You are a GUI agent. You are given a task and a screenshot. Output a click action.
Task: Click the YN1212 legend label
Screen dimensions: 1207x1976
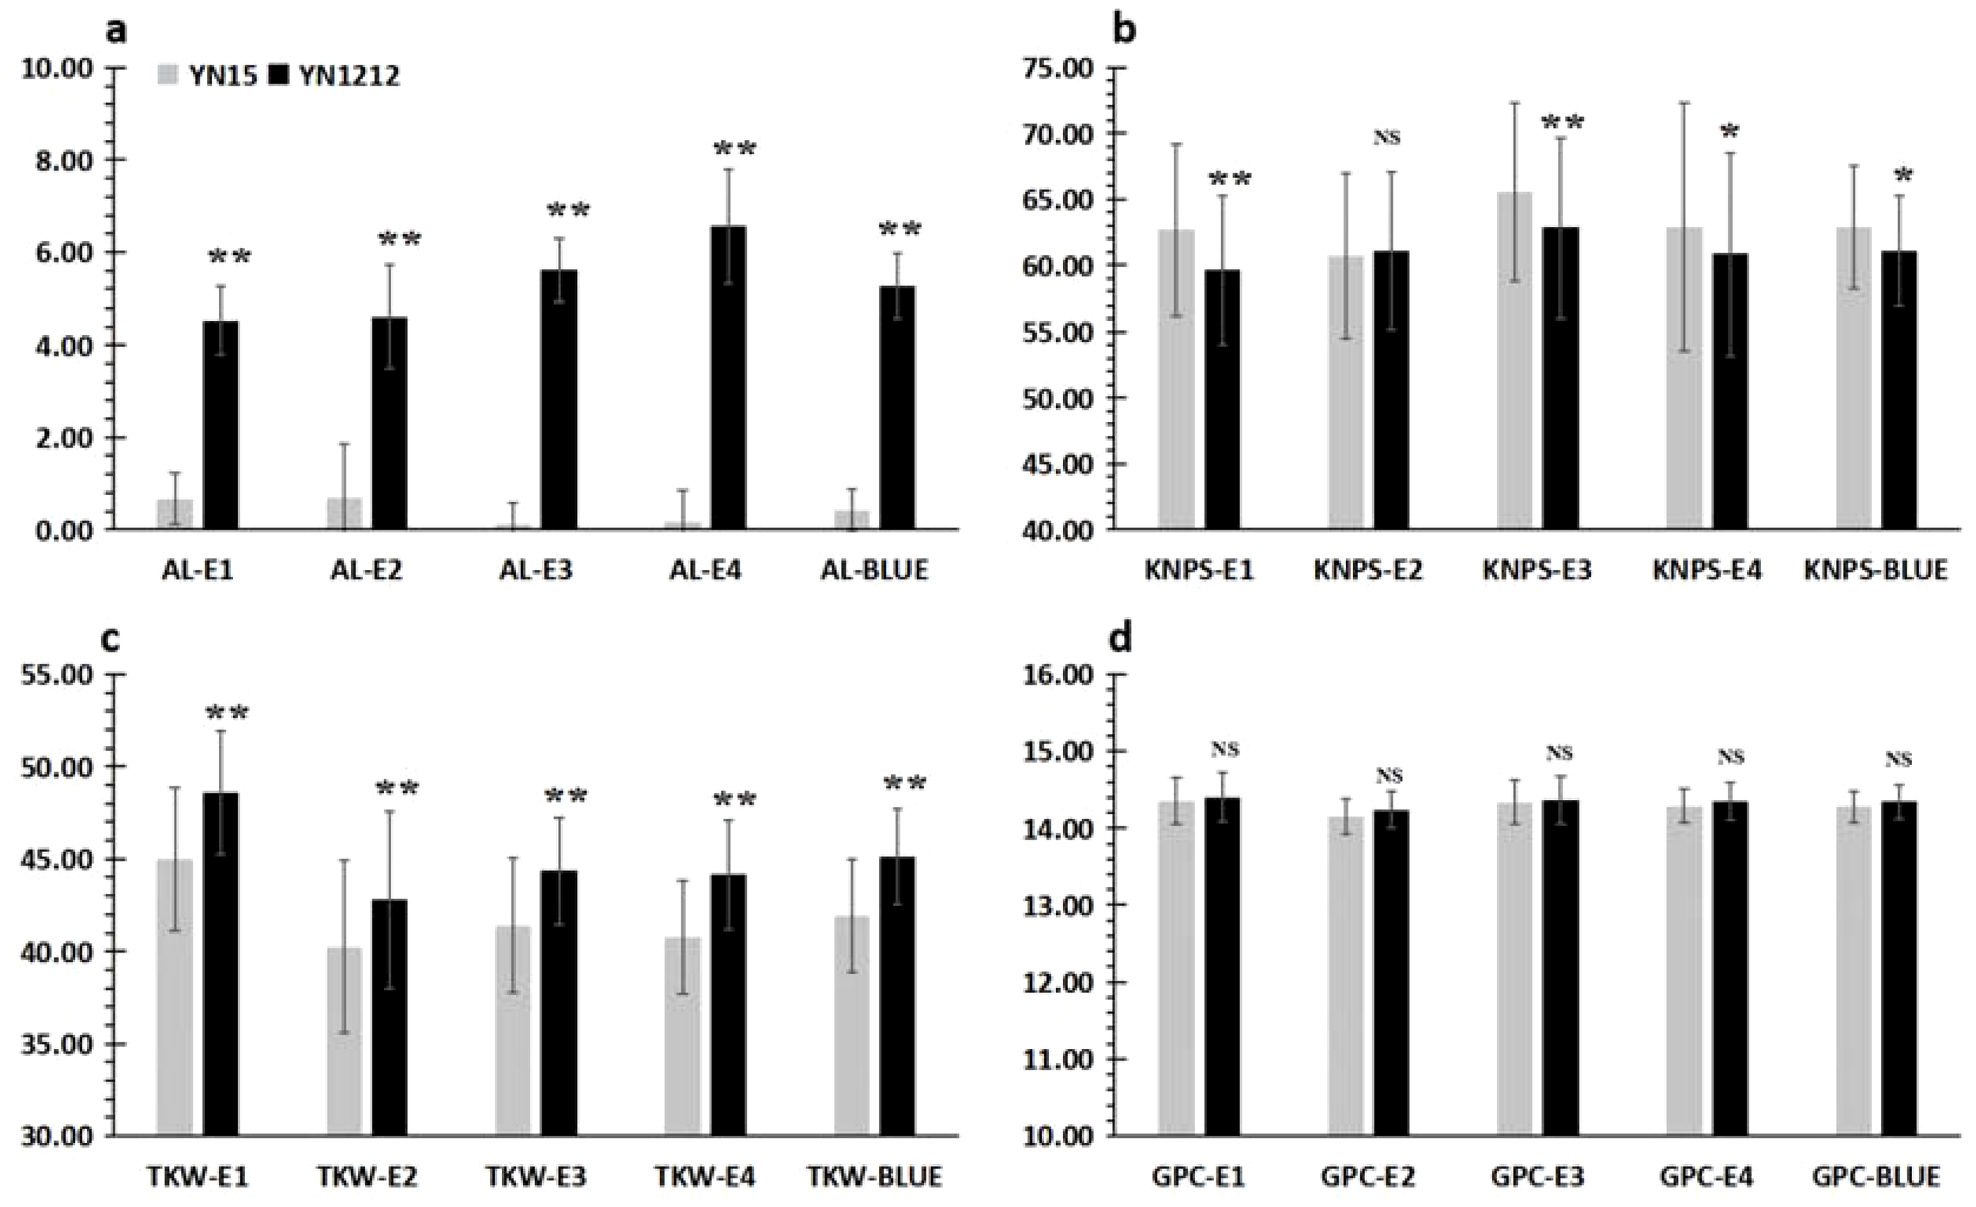349,76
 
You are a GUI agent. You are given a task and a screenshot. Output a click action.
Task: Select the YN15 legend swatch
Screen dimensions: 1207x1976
167,75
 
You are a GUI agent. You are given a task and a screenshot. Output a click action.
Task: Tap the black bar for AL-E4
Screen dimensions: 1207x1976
728,377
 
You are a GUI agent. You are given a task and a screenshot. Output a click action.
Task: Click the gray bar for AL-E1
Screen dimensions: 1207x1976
175,514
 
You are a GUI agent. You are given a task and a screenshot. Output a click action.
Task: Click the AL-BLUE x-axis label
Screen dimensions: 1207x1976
874,570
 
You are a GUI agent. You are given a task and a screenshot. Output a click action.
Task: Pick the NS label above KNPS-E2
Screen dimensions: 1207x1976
1386,137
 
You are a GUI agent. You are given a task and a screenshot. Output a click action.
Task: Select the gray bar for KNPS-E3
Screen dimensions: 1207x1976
1514,361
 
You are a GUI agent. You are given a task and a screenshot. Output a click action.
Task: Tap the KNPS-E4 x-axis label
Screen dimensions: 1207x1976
1706,570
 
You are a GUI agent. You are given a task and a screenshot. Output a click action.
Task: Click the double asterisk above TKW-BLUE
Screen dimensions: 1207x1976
904,784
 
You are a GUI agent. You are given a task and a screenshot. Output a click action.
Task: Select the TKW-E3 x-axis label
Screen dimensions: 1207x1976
536,1176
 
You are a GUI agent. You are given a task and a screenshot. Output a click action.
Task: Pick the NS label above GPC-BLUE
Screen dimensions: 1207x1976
1899,759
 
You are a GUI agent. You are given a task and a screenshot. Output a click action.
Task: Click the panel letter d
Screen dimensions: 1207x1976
1121,640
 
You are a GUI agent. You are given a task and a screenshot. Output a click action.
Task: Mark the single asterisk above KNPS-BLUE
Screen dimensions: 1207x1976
1902,176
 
